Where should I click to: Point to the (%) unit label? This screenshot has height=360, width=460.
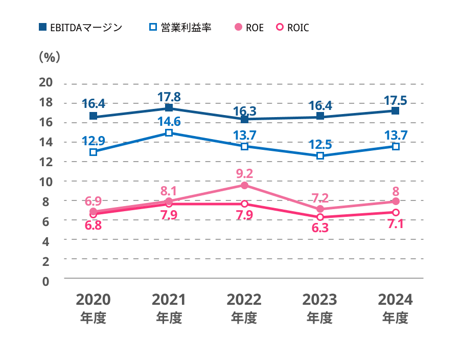[x=50, y=57]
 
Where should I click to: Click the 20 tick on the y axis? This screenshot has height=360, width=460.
[x=46, y=83]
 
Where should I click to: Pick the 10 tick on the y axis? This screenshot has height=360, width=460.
[x=46, y=182]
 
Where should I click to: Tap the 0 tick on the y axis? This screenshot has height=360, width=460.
[x=46, y=280]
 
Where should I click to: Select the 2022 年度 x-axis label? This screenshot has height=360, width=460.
[x=244, y=308]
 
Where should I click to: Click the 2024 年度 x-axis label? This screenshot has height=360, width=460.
[x=395, y=308]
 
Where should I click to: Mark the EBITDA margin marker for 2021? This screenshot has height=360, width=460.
[x=169, y=108]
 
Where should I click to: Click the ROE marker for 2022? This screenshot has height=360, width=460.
[x=244, y=185]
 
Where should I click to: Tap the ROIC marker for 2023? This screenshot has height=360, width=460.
[x=320, y=217]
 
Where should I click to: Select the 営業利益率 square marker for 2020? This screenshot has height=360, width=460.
[x=93, y=152]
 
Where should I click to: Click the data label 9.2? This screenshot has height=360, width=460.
[x=244, y=174]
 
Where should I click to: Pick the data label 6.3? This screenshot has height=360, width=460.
[x=320, y=228]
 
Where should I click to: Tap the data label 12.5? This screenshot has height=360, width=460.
[x=320, y=144]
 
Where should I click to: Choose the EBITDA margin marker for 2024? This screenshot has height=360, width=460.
[x=395, y=110]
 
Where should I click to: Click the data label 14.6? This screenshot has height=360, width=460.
[x=169, y=121]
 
